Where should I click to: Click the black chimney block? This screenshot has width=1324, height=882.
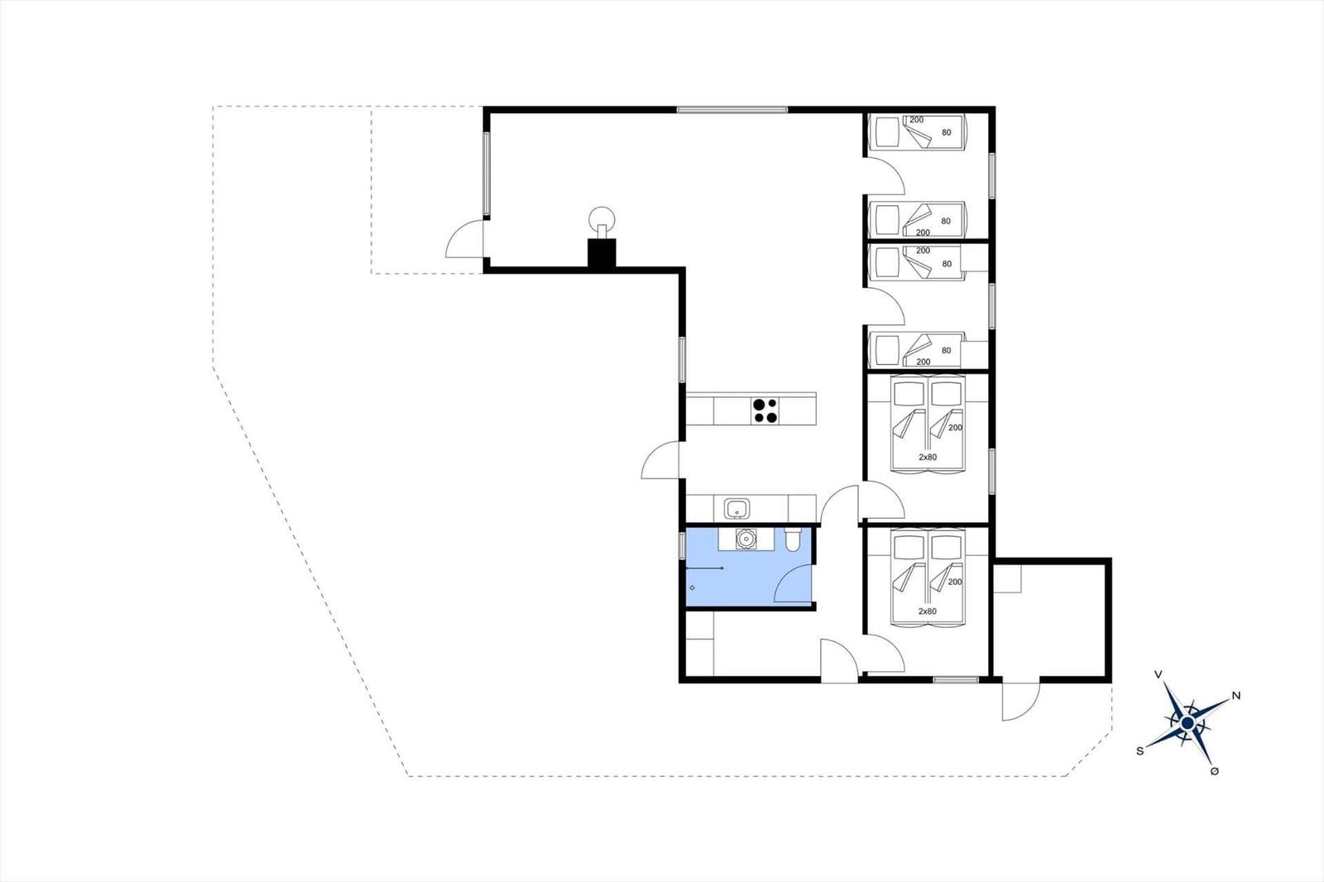602,254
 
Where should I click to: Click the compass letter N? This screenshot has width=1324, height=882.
1236,696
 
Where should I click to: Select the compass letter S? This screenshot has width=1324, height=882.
1140,750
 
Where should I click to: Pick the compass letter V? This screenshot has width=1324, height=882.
1158,674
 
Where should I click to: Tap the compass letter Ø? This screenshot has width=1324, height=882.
1215,771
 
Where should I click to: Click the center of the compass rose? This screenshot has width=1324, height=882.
1187,722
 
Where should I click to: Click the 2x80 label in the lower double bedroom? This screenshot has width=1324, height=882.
928,611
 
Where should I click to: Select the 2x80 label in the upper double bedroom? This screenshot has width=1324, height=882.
928,457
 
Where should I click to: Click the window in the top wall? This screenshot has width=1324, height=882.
732,109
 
